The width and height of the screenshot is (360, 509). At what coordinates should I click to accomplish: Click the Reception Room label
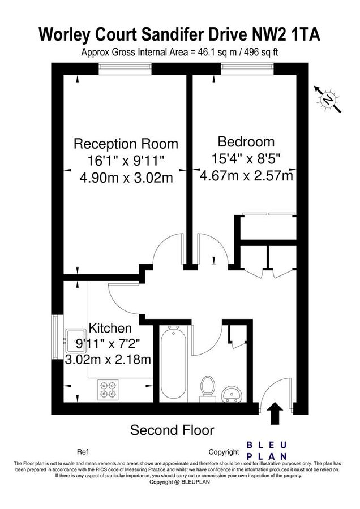126,144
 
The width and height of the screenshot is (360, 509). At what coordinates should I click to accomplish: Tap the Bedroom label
246,141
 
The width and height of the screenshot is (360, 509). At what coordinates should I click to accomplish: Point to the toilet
207,387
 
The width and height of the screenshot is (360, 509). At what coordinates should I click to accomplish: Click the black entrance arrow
276,413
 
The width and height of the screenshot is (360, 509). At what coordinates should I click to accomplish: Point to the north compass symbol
328,100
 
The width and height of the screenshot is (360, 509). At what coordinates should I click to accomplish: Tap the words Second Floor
172,430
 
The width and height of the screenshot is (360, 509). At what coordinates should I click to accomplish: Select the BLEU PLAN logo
267,450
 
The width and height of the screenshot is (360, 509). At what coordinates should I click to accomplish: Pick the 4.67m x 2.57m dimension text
246,175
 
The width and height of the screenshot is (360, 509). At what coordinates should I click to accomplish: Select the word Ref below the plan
82,452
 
